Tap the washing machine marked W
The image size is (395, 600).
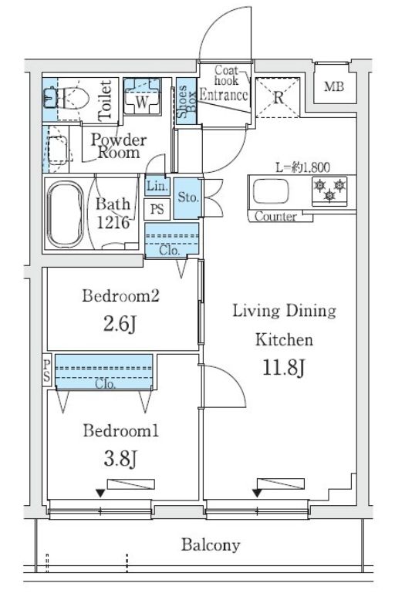pos(142,96)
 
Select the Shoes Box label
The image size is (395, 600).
pos(187,101)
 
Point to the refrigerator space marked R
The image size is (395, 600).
pos(278,98)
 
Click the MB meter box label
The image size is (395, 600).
pos(334,86)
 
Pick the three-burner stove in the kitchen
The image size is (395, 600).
pos(329,190)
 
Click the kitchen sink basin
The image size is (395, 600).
pos(271,191)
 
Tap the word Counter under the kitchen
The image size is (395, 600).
pos(275,217)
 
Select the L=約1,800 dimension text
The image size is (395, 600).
pos(302,167)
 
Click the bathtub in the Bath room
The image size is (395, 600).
pos(66,214)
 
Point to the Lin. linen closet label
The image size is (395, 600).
pos(157,187)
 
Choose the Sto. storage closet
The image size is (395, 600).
pos(187,197)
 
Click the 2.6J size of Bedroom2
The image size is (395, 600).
pos(120,325)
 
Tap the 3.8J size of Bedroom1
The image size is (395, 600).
pos(120,458)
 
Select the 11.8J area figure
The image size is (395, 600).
pos(284,367)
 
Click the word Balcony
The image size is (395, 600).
pos(211,545)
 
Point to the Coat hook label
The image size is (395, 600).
pos(227,75)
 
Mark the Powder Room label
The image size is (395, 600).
pos(119,146)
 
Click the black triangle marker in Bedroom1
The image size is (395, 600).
pos(100,494)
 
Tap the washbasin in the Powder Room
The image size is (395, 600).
pos(57,150)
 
